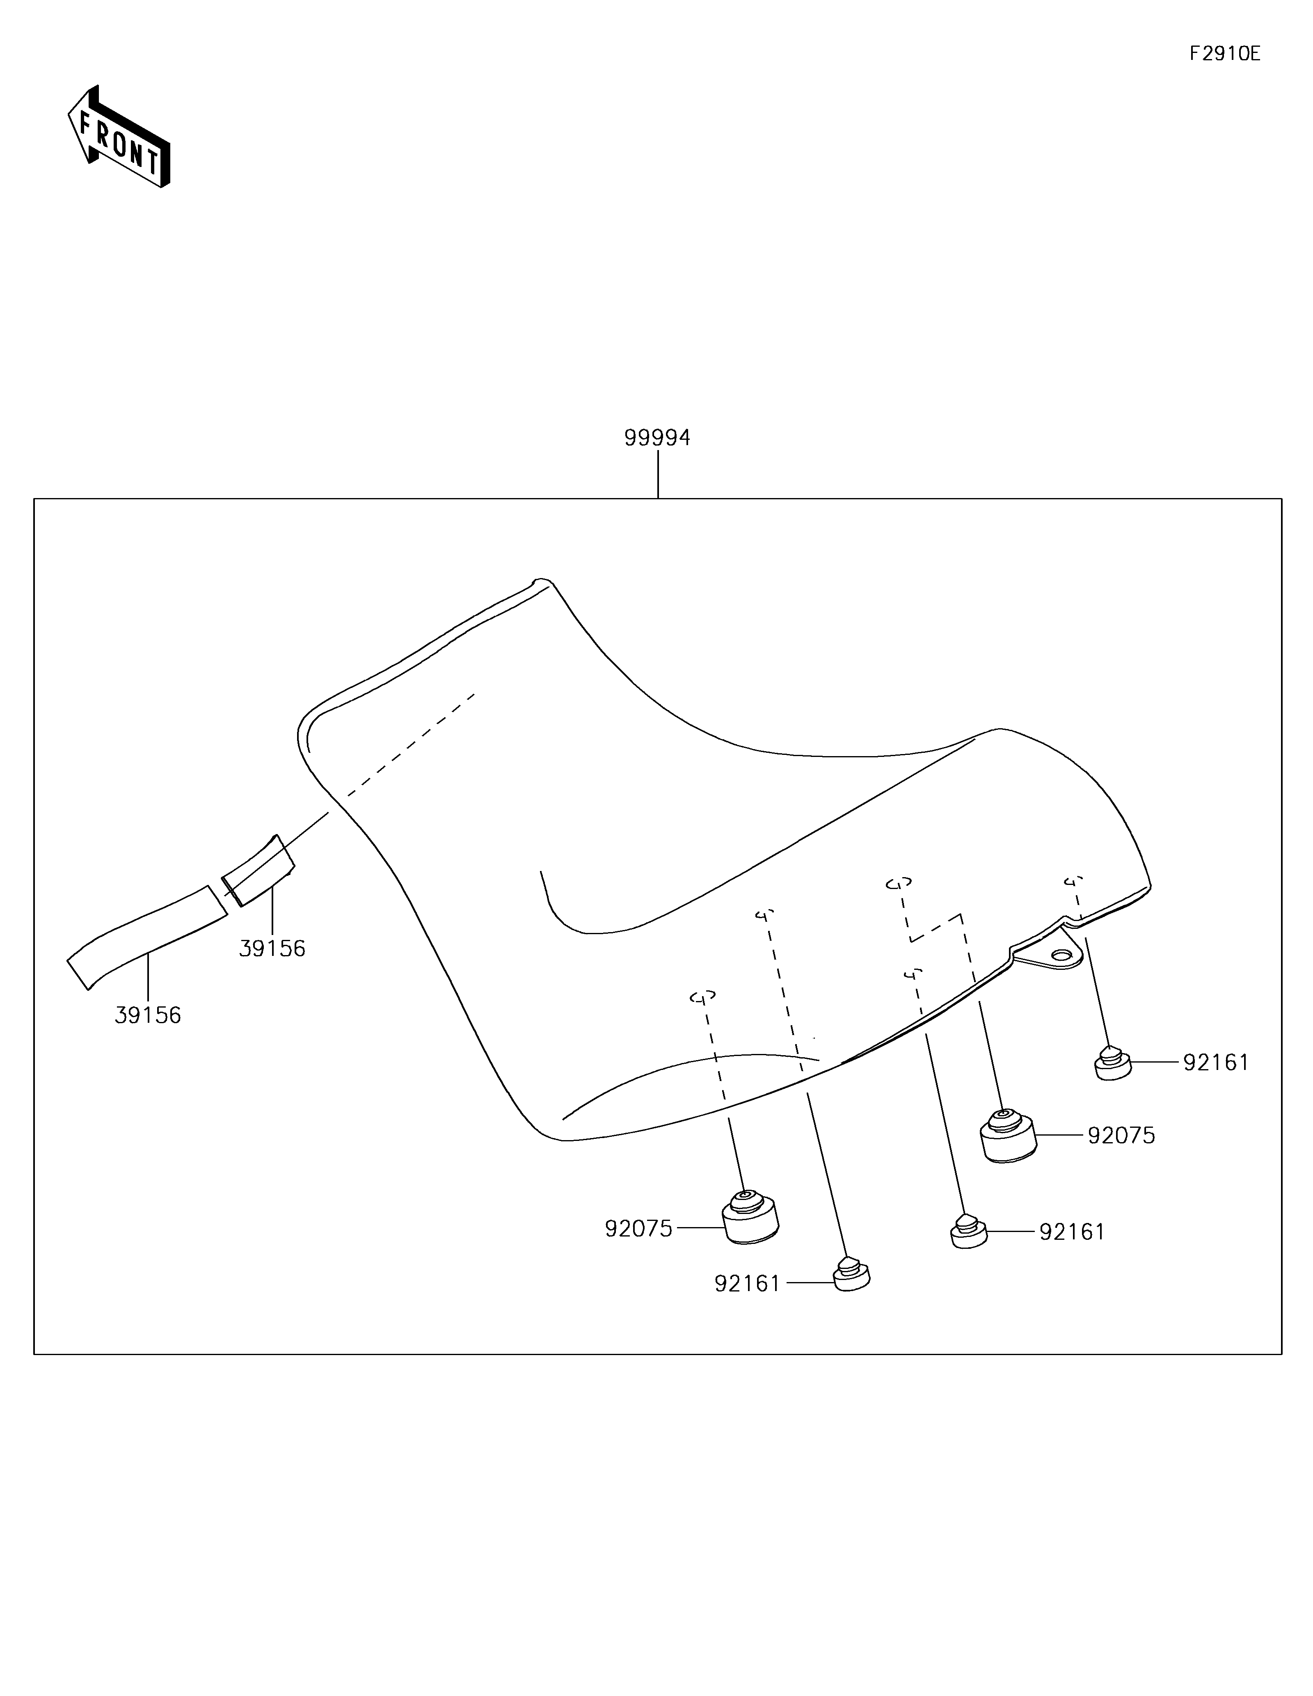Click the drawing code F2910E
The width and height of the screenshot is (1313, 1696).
(1224, 54)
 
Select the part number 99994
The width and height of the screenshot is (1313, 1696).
(657, 438)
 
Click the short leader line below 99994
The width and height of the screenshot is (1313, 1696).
(658, 475)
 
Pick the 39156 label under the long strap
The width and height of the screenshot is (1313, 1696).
(148, 1015)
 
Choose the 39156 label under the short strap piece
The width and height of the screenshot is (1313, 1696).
(272, 948)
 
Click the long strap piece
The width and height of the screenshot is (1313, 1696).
(148, 938)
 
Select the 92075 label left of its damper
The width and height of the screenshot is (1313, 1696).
(638, 1228)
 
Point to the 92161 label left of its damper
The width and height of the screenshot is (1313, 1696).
(747, 1284)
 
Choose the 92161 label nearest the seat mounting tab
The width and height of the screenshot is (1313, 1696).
(1216, 1062)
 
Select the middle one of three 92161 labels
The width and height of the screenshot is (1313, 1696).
(1071, 1232)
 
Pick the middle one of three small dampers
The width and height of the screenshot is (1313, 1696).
(968, 1232)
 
